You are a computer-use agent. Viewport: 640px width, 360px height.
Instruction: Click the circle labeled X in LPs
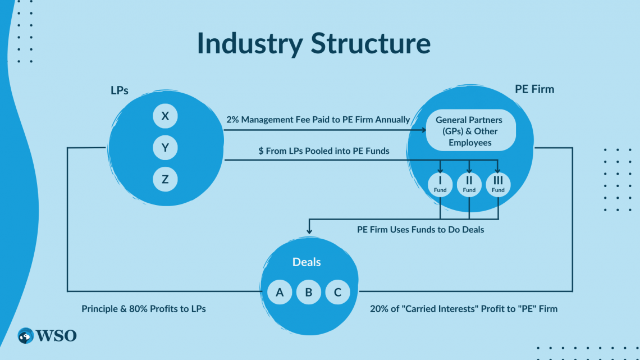(165, 116)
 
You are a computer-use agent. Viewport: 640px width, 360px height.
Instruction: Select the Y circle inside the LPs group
(165, 148)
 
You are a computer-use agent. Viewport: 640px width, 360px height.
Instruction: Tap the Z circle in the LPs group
(165, 180)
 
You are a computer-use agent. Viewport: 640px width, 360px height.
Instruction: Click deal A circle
(280, 292)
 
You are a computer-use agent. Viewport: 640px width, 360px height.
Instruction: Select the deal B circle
(309, 292)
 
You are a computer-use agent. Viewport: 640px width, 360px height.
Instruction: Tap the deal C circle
(337, 292)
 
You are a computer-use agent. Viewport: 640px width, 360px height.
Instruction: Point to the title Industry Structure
(314, 44)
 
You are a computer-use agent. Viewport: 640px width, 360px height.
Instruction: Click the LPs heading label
(120, 90)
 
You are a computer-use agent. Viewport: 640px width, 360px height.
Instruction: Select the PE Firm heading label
(534, 89)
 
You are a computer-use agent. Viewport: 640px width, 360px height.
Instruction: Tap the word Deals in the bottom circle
(307, 262)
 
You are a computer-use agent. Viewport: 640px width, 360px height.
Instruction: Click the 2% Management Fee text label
(318, 120)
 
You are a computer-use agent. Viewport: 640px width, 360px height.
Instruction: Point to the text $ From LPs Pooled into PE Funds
(324, 151)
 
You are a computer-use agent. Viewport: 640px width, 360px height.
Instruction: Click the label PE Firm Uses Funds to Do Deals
(420, 229)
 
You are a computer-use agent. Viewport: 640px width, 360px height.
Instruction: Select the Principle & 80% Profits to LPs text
(144, 309)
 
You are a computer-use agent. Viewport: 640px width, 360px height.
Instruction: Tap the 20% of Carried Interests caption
(464, 309)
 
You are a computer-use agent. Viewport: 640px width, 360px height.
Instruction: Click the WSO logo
(47, 336)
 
